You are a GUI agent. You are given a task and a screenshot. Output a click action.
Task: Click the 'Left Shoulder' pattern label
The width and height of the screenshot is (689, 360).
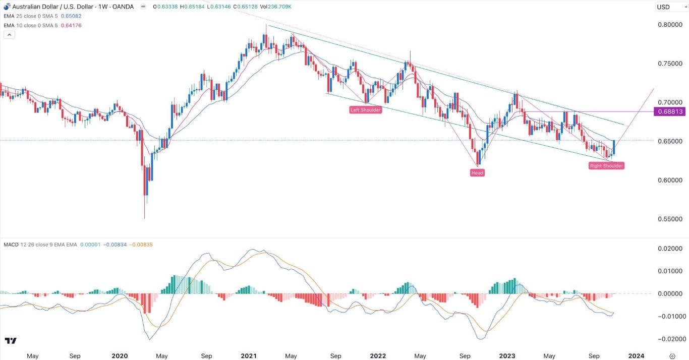coord(366,110)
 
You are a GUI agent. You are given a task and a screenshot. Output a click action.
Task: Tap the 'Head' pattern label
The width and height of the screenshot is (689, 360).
coord(477,173)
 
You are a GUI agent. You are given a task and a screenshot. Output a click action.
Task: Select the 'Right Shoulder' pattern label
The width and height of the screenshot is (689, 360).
coord(606,166)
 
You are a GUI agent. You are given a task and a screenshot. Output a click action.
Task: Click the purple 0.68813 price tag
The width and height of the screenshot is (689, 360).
coord(669,111)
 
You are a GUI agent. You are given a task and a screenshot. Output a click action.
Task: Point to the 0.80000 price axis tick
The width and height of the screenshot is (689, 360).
coord(669,25)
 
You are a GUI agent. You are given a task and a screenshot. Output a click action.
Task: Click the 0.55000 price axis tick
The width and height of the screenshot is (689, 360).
coord(669,219)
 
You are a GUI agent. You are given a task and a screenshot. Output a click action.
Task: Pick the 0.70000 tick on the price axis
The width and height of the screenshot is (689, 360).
coord(669,102)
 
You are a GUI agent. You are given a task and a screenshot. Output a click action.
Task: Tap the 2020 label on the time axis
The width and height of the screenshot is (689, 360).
coord(120,356)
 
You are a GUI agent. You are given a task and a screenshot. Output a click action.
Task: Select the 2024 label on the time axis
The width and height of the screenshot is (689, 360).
coord(637,356)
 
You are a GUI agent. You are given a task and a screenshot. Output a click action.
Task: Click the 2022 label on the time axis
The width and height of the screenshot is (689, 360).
coord(378,356)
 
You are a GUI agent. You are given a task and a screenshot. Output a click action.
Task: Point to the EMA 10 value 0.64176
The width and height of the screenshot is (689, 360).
coord(71,25)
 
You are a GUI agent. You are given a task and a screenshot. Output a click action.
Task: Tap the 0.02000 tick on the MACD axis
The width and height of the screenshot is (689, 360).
coord(669,249)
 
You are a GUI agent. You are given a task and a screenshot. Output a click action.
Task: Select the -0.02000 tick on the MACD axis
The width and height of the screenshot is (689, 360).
coord(668,339)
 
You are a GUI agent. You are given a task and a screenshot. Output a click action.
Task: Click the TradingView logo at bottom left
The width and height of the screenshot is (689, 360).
coord(11,341)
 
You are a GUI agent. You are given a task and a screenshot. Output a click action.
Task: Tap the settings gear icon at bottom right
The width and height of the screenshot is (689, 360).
coord(672,356)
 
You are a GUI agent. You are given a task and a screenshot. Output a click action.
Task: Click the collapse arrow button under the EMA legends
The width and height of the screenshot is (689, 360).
coord(9,35)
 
